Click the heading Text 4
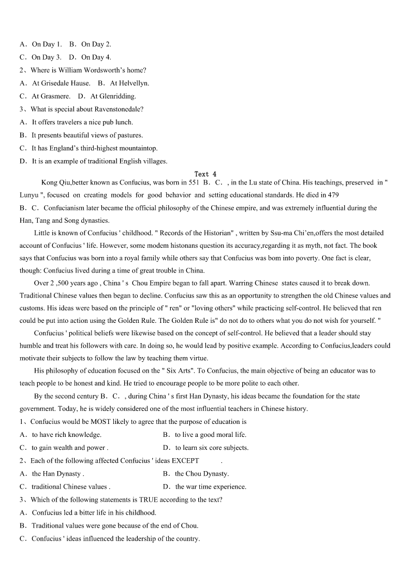pyautogui.click(x=205, y=174)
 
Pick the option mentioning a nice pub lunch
pyautogui.click(x=82, y=122)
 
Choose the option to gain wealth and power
pyautogui.click(x=69, y=448)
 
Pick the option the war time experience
pyautogui.click(x=211, y=487)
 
